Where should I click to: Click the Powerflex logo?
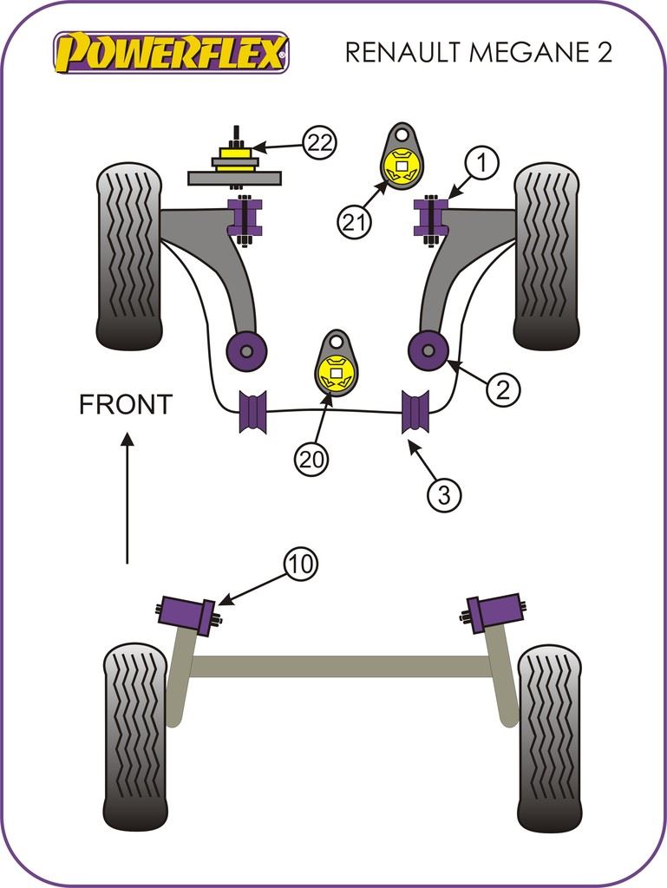tap(170, 52)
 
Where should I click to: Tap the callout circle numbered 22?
tap(319, 142)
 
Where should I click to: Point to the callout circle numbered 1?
tap(483, 161)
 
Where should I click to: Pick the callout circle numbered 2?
tap(503, 389)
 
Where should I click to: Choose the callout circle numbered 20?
tap(312, 459)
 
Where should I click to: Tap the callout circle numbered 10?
tap(300, 565)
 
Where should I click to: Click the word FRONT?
tap(126, 404)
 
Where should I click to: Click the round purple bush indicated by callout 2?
tap(428, 349)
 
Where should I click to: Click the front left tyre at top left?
tap(128, 256)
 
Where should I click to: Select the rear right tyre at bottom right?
tap(549, 737)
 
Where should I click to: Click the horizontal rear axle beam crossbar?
tap(340, 666)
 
